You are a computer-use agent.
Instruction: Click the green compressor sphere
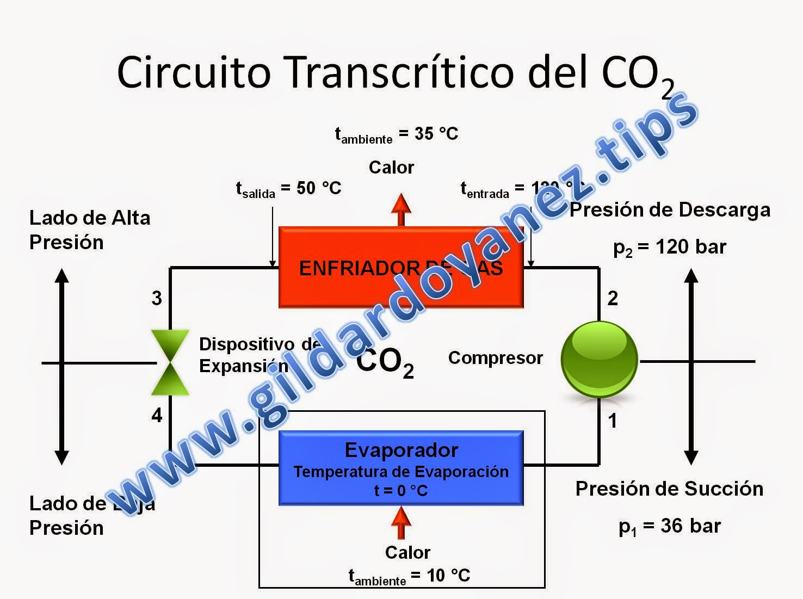pyautogui.click(x=599, y=360)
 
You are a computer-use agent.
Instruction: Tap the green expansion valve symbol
pyautogui.click(x=170, y=362)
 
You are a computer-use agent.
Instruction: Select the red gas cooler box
pyautogui.click(x=401, y=267)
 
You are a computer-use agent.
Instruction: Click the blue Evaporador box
pyautogui.click(x=401, y=468)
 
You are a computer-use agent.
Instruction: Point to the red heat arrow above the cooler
pyautogui.click(x=401, y=209)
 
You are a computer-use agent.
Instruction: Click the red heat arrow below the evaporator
pyautogui.click(x=401, y=523)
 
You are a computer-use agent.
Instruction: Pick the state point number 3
pyautogui.click(x=157, y=298)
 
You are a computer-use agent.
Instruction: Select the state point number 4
pyautogui.click(x=157, y=416)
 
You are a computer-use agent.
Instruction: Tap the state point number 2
pyautogui.click(x=613, y=298)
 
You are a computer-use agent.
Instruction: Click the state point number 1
pyautogui.click(x=613, y=421)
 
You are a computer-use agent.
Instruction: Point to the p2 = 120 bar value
pyautogui.click(x=670, y=248)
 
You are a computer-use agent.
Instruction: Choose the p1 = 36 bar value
pyautogui.click(x=670, y=526)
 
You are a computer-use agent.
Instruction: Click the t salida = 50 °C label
pyautogui.click(x=288, y=189)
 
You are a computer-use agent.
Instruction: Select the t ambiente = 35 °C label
pyautogui.click(x=397, y=134)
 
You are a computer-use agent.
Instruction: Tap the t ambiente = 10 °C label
pyautogui.click(x=409, y=576)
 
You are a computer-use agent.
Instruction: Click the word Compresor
pyautogui.click(x=495, y=358)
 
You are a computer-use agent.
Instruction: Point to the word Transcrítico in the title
pyautogui.click(x=400, y=72)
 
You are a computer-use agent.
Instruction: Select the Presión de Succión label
pyautogui.click(x=669, y=489)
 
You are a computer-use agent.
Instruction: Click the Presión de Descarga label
pyautogui.click(x=670, y=210)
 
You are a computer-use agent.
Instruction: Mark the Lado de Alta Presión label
pyautogui.click(x=89, y=230)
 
